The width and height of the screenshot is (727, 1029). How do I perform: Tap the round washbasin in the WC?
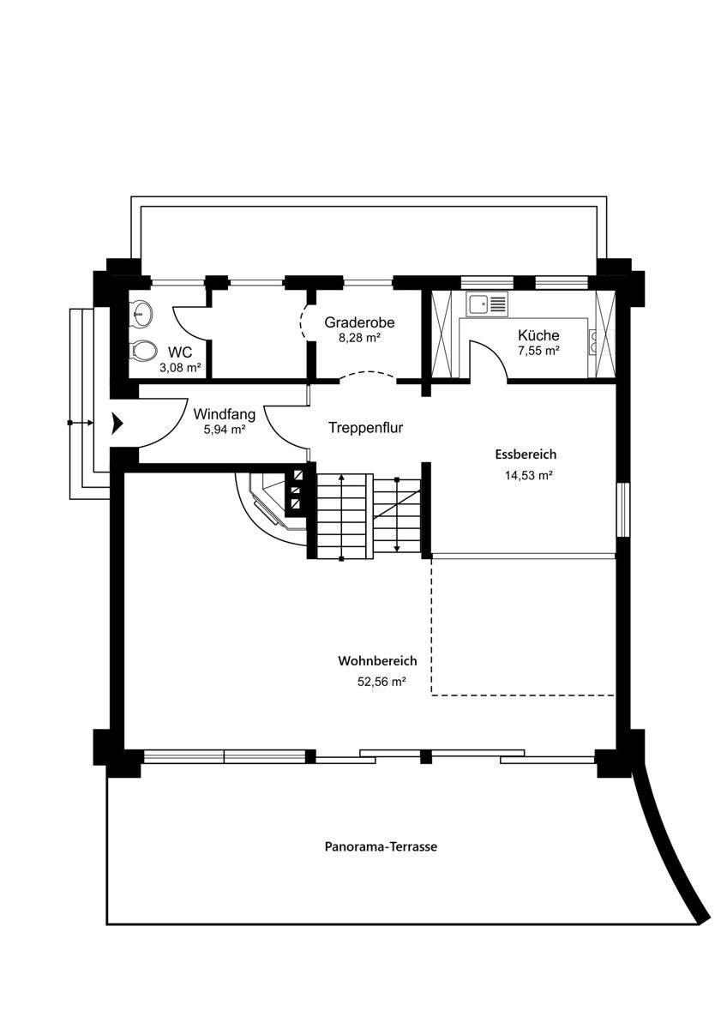pyautogui.click(x=141, y=315)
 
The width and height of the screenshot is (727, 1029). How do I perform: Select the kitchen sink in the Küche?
pyautogui.click(x=487, y=303)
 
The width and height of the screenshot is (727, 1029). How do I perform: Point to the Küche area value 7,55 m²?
pyautogui.click(x=538, y=351)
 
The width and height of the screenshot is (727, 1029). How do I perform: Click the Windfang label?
pyautogui.click(x=225, y=413)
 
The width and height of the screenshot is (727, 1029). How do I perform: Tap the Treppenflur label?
pyautogui.click(x=366, y=427)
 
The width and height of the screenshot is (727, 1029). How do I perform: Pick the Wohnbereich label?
pyautogui.click(x=377, y=661)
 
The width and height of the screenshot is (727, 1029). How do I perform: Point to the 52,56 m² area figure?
pyautogui.click(x=381, y=682)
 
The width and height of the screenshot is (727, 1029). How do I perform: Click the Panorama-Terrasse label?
pyautogui.click(x=381, y=846)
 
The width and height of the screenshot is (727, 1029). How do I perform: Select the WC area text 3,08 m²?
pyautogui.click(x=181, y=368)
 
